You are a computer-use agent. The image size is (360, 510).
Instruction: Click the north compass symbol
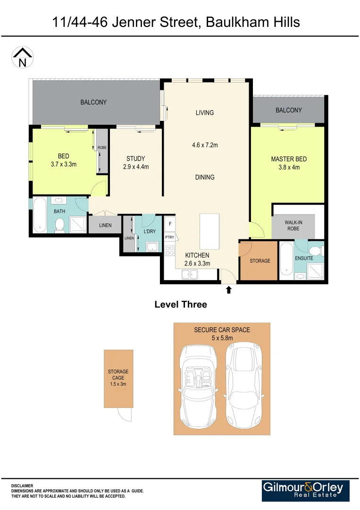point(22,58)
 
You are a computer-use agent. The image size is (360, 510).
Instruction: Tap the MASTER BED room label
point(289,159)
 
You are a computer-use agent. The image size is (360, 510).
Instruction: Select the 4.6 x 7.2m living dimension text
point(205,145)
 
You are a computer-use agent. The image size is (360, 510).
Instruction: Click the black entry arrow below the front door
point(229,289)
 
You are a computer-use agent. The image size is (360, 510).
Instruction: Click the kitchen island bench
point(209,231)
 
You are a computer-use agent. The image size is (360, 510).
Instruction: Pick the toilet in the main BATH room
point(59,227)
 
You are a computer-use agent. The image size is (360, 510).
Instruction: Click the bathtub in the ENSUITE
point(286,260)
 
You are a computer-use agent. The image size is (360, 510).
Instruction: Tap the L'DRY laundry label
point(150,232)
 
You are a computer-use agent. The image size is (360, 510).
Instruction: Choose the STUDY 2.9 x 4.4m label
point(135,162)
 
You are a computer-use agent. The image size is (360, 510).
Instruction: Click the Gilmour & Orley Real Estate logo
point(306,491)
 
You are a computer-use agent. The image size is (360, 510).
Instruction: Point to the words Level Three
point(181,305)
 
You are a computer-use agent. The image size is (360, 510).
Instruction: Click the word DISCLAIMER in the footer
point(22,485)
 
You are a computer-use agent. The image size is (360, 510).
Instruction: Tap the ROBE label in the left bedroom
point(102,148)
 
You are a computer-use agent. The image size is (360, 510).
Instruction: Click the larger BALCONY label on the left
point(93,102)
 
